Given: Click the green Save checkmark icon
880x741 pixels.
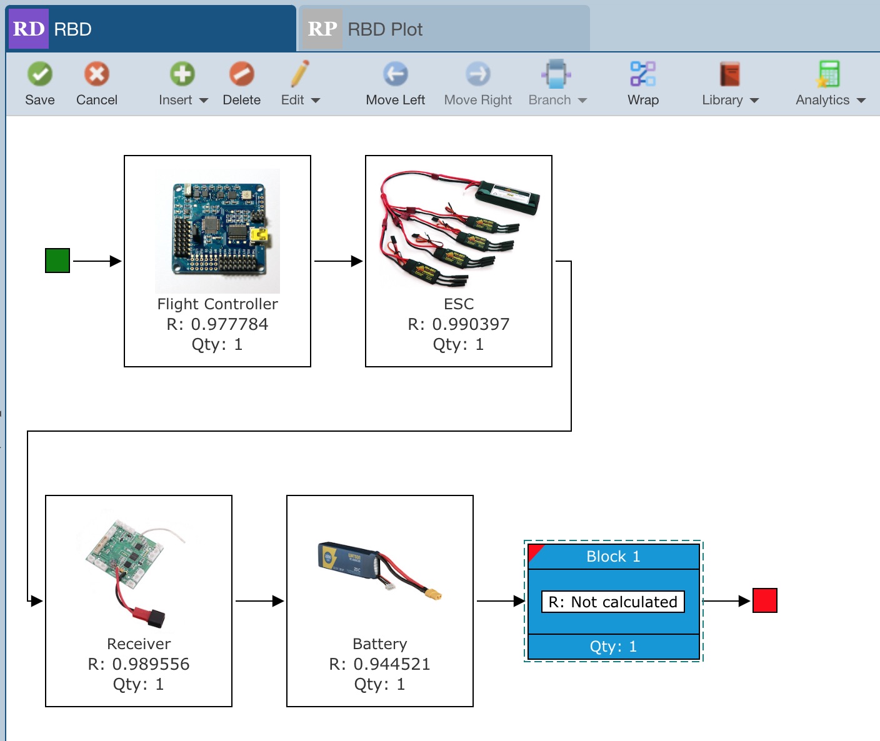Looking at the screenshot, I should [x=40, y=74].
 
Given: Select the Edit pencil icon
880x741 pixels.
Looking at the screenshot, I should [x=300, y=74].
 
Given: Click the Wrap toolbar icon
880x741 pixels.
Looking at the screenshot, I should [x=642, y=74].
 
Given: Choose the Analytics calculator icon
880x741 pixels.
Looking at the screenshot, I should [x=829, y=74].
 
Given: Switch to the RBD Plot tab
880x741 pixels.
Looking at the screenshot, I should [x=444, y=29].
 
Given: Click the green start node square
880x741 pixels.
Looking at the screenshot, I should [x=57, y=261].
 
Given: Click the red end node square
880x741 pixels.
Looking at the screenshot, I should [x=764, y=600].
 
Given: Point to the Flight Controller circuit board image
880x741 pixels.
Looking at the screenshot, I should [x=217, y=231].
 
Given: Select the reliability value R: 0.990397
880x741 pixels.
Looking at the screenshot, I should [x=459, y=324].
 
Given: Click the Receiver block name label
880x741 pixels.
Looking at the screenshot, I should [x=139, y=644].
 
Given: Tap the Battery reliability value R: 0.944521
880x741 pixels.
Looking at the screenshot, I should [x=380, y=664].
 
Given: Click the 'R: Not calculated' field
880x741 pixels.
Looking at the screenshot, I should [x=612, y=602].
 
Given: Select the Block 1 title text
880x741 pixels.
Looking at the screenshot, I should [x=613, y=556].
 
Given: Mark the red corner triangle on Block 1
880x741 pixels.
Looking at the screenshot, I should [x=534, y=551].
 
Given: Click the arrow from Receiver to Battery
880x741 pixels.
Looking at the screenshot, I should [x=259, y=601].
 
